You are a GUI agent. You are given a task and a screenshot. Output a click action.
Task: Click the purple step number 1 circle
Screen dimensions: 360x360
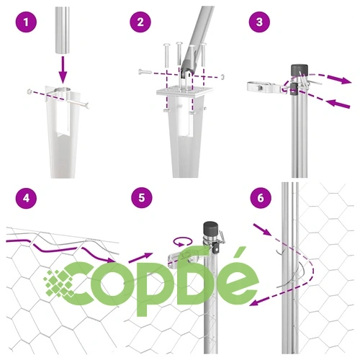pyautogui.click(x=26, y=22)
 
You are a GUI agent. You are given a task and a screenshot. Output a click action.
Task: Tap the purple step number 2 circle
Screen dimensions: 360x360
pyautogui.click(x=140, y=22)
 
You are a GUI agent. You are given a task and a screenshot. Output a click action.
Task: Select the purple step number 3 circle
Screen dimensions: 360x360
pyautogui.click(x=259, y=22)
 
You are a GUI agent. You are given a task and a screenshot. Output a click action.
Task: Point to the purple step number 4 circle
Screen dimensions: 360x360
pyautogui.click(x=26, y=198)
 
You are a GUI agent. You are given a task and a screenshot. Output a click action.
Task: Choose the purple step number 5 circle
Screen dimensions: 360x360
pyautogui.click(x=142, y=198)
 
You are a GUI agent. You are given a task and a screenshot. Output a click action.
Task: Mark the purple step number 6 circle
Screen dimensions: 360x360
pyautogui.click(x=261, y=198)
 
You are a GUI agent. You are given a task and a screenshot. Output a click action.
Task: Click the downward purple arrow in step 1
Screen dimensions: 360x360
pyautogui.click(x=63, y=70)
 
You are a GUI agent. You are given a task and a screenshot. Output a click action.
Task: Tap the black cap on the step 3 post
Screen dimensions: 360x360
pyautogui.click(x=300, y=70)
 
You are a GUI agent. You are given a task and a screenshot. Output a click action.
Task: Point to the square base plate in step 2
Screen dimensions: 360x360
pyautogui.click(x=184, y=92)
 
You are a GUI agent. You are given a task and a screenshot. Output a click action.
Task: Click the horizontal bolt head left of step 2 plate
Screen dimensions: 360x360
pyautogui.click(x=140, y=71)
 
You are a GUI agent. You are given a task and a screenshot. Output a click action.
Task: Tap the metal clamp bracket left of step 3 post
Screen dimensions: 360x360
pyautogui.click(x=266, y=87)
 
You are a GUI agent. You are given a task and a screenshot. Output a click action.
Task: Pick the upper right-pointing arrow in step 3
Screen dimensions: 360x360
pyautogui.click(x=339, y=79)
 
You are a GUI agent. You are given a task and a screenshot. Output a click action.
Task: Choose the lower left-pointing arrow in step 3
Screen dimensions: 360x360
pyautogui.click(x=338, y=104)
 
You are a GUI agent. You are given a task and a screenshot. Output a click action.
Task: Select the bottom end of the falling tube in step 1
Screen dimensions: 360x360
pyautogui.click(x=63, y=53)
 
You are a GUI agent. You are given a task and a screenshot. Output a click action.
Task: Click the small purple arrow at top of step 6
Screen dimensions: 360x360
pyautogui.click(x=262, y=229)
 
